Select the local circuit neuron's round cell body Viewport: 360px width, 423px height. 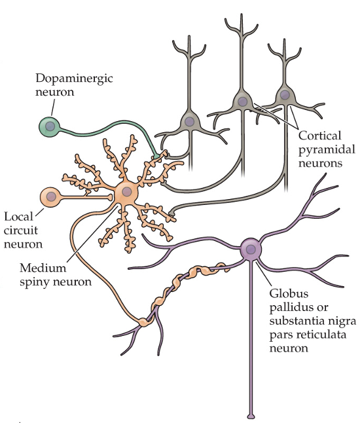pyautogui.click(x=50, y=196)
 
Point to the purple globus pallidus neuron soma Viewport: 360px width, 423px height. pyautogui.click(x=250, y=248)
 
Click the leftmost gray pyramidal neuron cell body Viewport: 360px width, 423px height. pyautogui.click(x=189, y=121)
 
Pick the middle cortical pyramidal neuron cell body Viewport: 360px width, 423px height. pyautogui.click(x=242, y=101)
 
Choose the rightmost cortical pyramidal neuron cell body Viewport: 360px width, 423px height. pyautogui.click(x=285, y=95)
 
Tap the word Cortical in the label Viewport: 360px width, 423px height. pyautogui.click(x=319, y=137)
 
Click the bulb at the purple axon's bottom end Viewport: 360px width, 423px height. pyautogui.click(x=251, y=414)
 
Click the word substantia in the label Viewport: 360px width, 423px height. pyautogui.click(x=296, y=321)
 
